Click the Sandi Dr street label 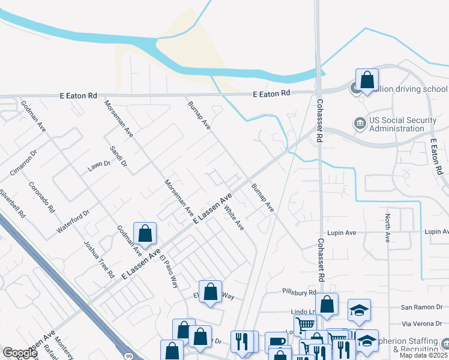pos(118,156)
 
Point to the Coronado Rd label pos(42,198)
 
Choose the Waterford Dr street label pos(73,221)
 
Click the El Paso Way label pos(169,272)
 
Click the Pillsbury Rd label pos(299,292)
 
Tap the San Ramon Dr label pos(420,307)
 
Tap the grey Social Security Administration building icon pos(360,124)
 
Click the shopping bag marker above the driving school pos(367,80)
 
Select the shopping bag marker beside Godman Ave pos(145,233)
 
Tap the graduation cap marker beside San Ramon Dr pos(359,310)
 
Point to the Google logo pos(20,353)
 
